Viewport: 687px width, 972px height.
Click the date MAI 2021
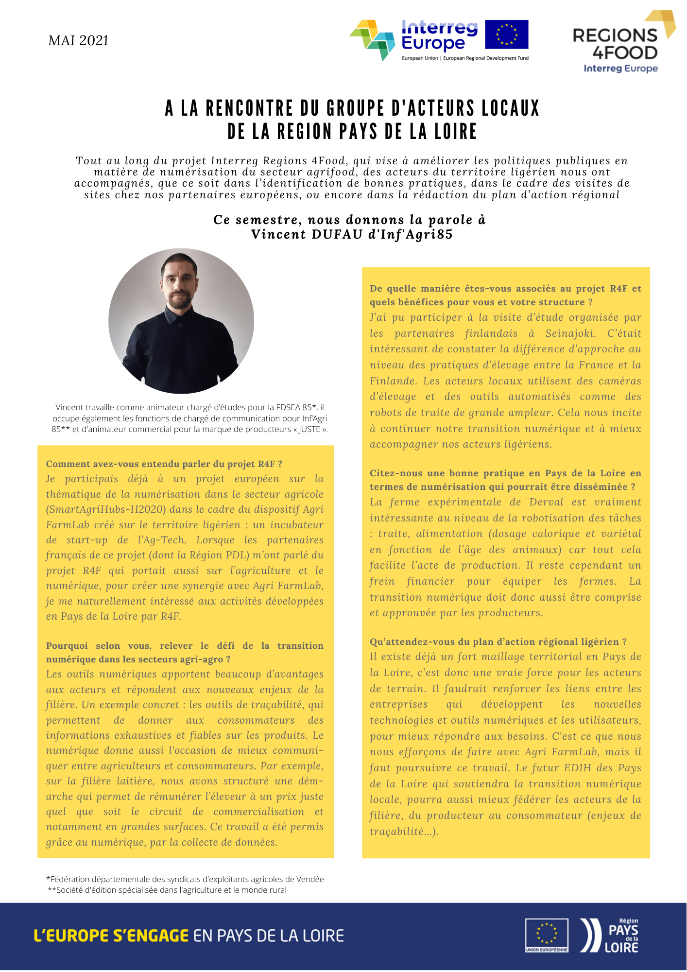click(x=78, y=40)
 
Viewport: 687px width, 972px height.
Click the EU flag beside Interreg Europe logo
click(x=506, y=35)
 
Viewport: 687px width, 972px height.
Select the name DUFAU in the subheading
click(x=337, y=234)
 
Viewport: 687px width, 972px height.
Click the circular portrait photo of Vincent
click(x=181, y=321)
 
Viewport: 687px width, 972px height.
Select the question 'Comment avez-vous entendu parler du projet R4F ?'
click(x=164, y=464)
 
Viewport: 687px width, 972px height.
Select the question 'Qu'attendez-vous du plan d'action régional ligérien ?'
click(x=498, y=642)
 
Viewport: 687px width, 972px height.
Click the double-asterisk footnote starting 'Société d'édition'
click(x=167, y=890)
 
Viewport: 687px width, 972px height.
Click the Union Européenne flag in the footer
click(x=547, y=935)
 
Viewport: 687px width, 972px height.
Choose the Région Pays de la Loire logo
click(x=610, y=936)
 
